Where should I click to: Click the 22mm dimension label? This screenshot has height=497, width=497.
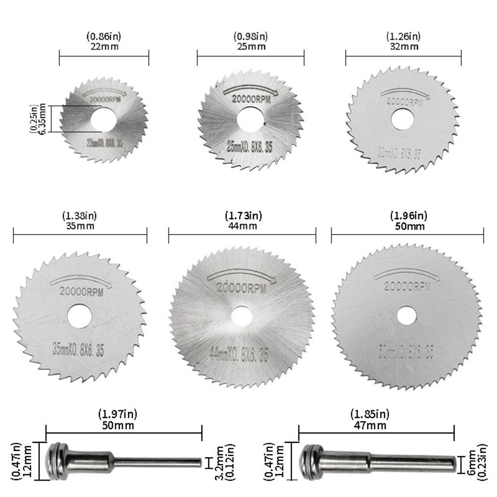click(104, 46)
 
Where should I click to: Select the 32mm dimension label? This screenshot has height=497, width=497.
click(403, 46)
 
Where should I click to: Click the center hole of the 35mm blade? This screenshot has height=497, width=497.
click(80, 316)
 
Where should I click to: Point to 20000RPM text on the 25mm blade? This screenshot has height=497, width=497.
click(251, 99)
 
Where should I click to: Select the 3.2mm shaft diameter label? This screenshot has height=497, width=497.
click(222, 462)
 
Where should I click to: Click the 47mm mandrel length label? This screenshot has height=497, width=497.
click(370, 425)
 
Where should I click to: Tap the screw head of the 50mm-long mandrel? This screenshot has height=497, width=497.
click(56, 462)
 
